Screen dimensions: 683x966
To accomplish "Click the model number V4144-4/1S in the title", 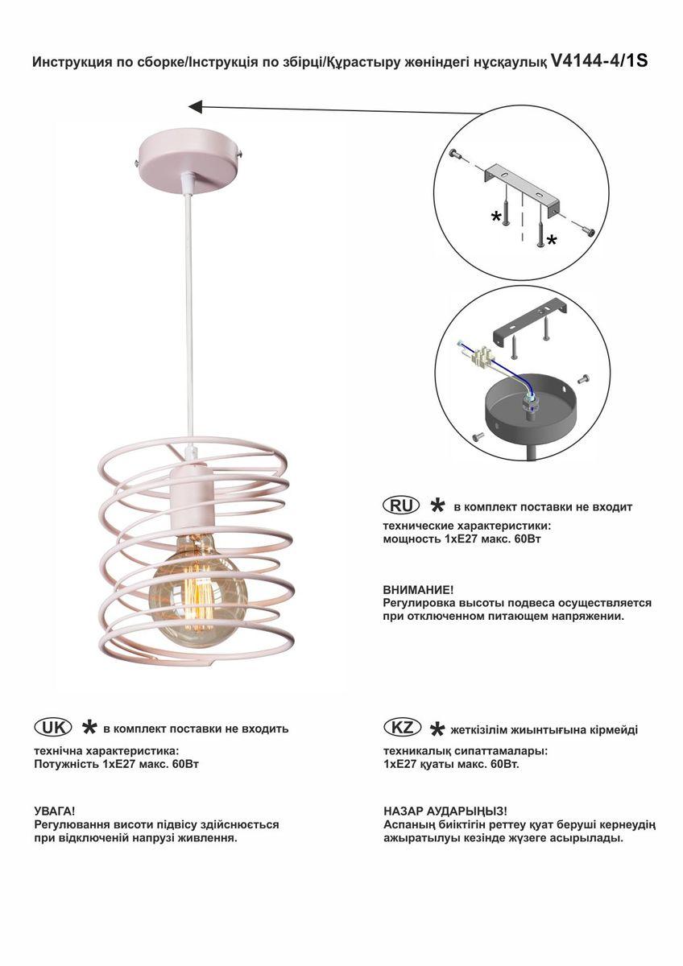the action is pyautogui.click(x=600, y=61).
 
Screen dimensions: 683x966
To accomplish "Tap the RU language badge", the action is pyautogui.click(x=401, y=506).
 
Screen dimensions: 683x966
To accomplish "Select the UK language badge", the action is pyautogui.click(x=52, y=729).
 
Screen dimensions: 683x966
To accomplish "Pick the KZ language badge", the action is pyautogui.click(x=402, y=728).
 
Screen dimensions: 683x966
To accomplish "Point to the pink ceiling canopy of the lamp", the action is pyautogui.click(x=190, y=160).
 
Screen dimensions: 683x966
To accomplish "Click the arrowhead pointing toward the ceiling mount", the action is pyautogui.click(x=196, y=106).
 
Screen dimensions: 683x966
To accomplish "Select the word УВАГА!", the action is pyautogui.click(x=54, y=811).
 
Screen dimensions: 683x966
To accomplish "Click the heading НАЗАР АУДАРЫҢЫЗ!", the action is pyautogui.click(x=445, y=811).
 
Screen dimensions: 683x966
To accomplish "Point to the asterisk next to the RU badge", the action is pyautogui.click(x=437, y=506).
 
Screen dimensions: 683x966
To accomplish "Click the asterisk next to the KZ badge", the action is pyautogui.click(x=437, y=729).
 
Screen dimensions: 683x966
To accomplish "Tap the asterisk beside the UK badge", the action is pyautogui.click(x=89, y=728).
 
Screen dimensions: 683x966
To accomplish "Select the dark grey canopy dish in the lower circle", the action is pyautogui.click(x=530, y=408).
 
